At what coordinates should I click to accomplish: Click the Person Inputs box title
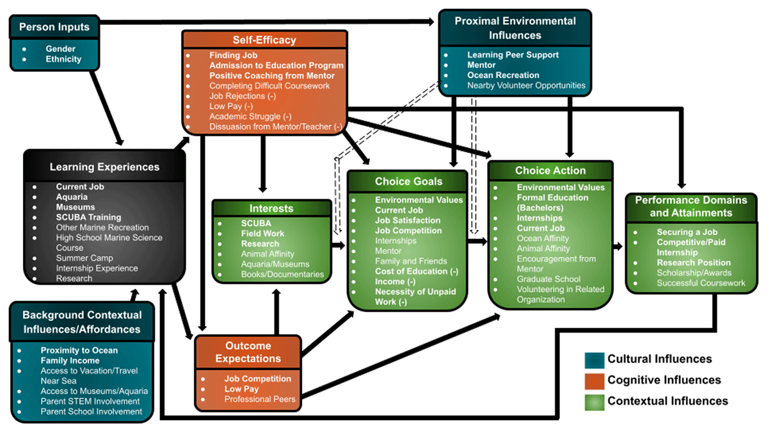(x=54, y=27)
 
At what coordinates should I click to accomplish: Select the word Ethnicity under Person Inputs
(x=63, y=59)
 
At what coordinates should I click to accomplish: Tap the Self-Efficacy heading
(x=264, y=40)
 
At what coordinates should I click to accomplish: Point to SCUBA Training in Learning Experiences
(x=88, y=217)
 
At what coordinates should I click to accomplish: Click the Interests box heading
(x=272, y=208)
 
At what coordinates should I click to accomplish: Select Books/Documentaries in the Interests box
(x=282, y=274)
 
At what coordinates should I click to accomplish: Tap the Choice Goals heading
(x=408, y=181)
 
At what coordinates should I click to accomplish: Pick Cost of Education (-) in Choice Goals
(x=416, y=271)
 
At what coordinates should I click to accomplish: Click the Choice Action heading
(x=550, y=170)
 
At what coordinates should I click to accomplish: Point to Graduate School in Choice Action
(x=548, y=279)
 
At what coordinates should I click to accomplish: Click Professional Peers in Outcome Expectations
(x=260, y=399)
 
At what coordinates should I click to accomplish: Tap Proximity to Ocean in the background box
(x=79, y=350)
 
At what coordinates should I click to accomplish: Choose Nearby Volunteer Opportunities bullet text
(x=526, y=85)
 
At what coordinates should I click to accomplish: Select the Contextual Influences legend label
(x=668, y=401)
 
